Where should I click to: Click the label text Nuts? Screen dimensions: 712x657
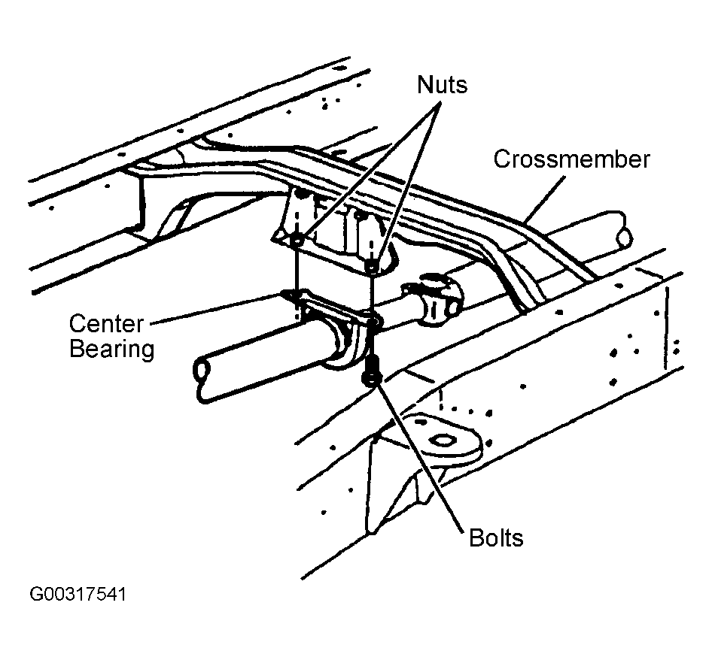pos(442,84)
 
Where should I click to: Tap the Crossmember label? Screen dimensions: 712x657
pos(572,159)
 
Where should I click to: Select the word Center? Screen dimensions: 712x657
pos(106,324)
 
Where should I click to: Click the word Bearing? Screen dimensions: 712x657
pos(112,350)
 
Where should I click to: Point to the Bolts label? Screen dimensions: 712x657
pos(496,538)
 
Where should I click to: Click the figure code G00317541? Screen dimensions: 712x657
pos(78,595)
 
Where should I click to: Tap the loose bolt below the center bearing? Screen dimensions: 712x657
pos(372,371)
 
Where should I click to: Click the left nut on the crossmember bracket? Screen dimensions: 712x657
pos(297,240)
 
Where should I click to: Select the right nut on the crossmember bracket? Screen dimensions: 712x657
pos(373,268)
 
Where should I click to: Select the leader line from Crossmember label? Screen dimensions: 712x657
pos(546,198)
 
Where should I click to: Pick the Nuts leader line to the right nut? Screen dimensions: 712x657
pos(407,183)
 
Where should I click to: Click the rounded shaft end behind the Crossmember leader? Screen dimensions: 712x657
pos(623,236)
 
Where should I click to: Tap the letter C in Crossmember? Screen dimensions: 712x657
pos(502,159)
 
